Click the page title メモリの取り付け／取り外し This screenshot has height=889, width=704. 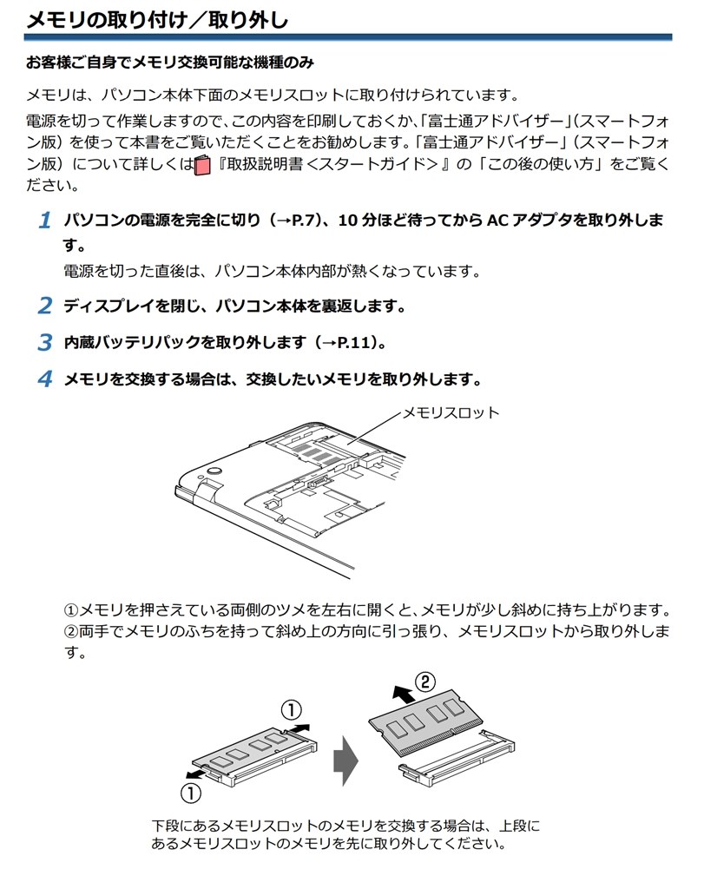[x=157, y=19]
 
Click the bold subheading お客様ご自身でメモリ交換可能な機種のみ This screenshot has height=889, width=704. [x=169, y=63]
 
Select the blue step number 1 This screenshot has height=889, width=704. [x=45, y=221]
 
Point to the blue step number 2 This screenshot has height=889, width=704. [x=45, y=306]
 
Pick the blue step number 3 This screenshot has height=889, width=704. [x=45, y=342]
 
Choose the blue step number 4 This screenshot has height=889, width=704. [x=45, y=379]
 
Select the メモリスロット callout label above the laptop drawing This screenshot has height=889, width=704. [x=451, y=412]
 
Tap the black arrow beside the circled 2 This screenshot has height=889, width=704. [x=401, y=694]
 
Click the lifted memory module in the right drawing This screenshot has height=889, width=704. [x=425, y=721]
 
